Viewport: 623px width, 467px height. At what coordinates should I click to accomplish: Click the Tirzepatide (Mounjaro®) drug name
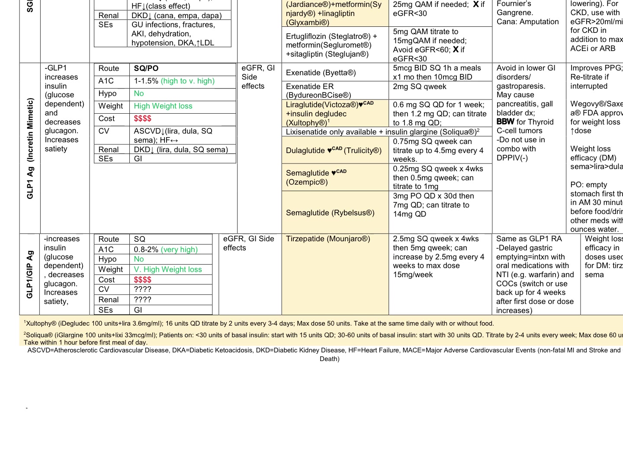328,239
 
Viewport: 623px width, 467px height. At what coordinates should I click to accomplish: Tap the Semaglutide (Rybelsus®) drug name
330,213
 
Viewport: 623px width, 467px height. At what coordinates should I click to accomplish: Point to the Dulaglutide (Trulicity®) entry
334,150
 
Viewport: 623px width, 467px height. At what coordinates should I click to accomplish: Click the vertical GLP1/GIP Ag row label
30,275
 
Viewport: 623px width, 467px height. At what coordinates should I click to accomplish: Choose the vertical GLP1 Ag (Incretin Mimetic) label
30,148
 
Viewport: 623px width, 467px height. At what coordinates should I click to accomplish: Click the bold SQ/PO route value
146,68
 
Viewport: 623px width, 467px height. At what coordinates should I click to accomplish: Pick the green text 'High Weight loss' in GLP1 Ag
163,106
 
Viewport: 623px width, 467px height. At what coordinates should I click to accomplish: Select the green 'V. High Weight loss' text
168,269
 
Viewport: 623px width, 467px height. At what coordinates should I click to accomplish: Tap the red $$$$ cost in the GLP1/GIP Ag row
142,280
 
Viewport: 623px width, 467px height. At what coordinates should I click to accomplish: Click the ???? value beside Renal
142,300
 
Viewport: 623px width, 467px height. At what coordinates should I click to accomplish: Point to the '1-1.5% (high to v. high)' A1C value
174,81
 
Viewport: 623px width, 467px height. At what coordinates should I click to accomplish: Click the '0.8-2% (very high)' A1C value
166,249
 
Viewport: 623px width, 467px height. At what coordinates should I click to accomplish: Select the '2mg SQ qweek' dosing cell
419,86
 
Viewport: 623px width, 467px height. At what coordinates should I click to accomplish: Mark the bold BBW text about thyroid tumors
505,122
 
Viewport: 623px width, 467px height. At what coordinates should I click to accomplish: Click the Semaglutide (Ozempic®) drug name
316,177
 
